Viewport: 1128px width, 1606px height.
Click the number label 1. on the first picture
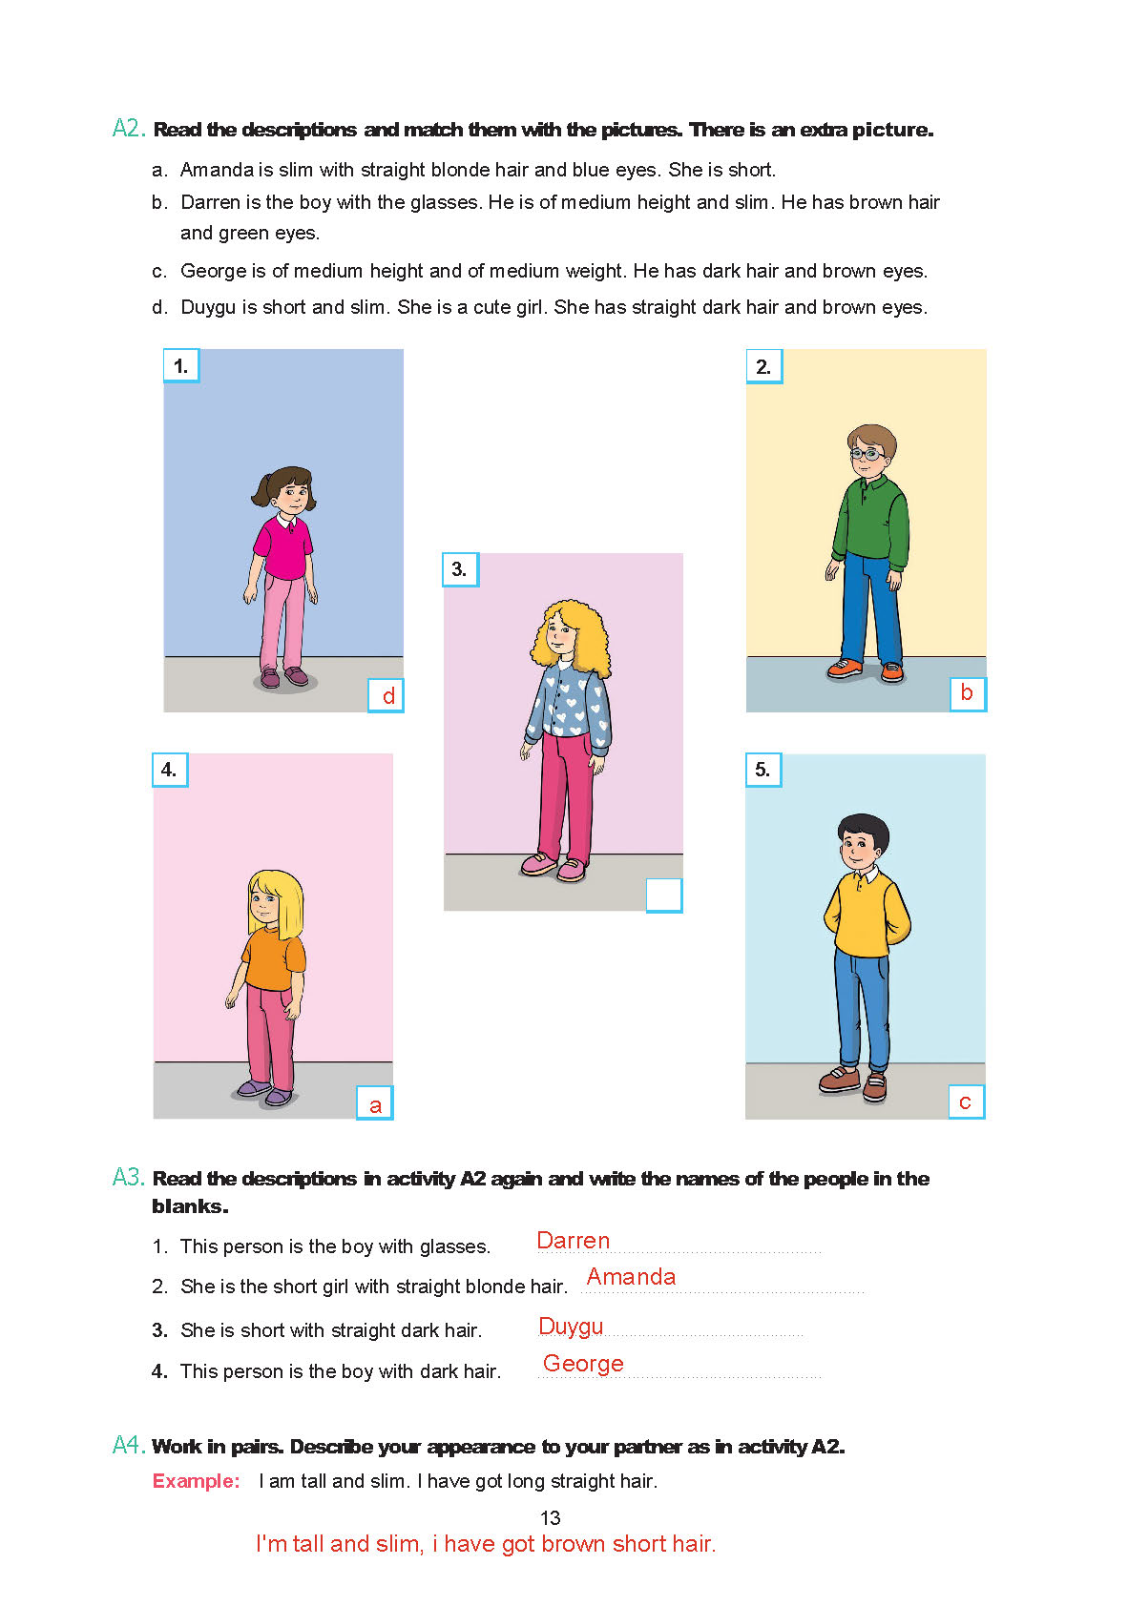tap(180, 366)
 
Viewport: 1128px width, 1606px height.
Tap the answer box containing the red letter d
tap(386, 695)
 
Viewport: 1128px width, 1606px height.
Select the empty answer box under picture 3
tap(664, 896)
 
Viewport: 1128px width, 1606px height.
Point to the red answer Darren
tap(573, 1241)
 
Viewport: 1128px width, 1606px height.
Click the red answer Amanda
tap(631, 1277)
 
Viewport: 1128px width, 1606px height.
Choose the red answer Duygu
tap(571, 1327)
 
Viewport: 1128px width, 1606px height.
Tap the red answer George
tap(583, 1364)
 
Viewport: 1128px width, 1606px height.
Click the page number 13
tap(551, 1518)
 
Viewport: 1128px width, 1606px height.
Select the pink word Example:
tap(197, 1481)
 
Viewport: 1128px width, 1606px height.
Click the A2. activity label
tap(129, 129)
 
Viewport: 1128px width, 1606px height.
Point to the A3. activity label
tap(129, 1178)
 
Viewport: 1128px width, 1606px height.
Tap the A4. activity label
tap(129, 1446)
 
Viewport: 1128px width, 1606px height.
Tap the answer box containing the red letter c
tap(966, 1102)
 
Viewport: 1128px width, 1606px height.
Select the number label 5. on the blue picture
tap(762, 770)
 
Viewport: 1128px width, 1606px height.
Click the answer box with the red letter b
tap(967, 693)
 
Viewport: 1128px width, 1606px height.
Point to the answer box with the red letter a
tap(375, 1104)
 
